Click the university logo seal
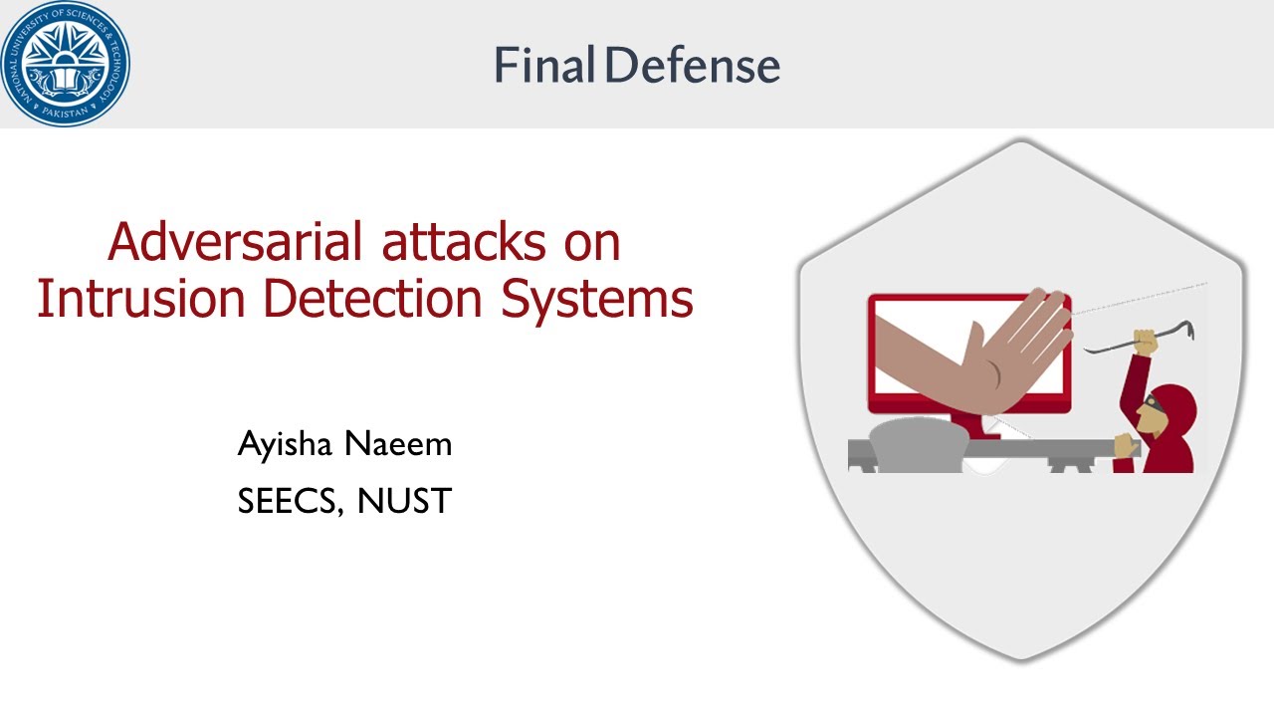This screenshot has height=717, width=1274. click(x=65, y=64)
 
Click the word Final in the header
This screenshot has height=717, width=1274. click(x=543, y=66)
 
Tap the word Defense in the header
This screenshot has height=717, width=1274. click(x=692, y=66)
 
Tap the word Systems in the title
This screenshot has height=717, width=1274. click(x=596, y=299)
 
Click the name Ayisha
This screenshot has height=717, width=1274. click(x=285, y=444)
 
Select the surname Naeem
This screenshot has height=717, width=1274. click(x=398, y=444)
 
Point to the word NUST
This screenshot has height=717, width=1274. click(x=404, y=501)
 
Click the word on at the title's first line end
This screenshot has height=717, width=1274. click(x=591, y=242)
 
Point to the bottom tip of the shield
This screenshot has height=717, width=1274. click(x=1022, y=656)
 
